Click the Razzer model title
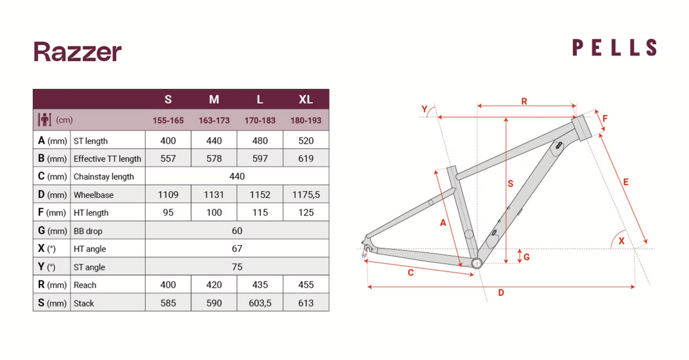77,52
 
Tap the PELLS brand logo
614,48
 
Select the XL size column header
306,100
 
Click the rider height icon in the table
44,120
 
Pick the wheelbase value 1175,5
306,195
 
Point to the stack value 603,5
260,303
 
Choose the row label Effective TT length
107,159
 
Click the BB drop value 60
237,231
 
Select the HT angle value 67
237,249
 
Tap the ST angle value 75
237,267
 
